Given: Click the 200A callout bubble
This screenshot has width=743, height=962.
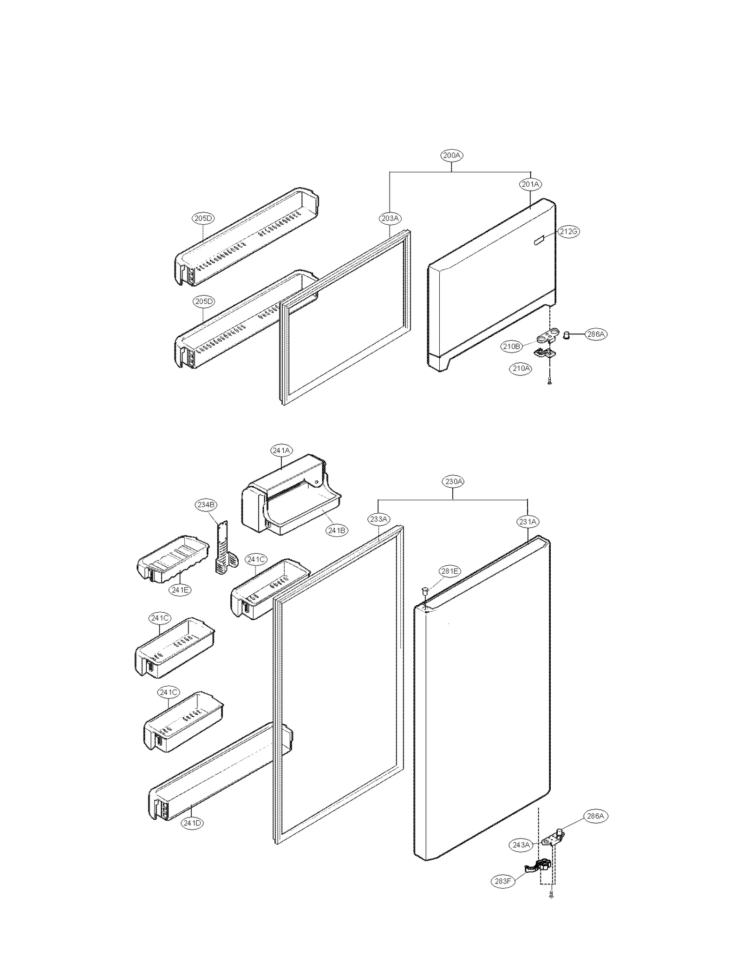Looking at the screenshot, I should tap(451, 156).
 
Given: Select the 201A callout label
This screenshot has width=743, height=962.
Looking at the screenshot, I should tap(530, 184).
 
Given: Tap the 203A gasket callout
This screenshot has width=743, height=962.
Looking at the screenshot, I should tap(390, 218).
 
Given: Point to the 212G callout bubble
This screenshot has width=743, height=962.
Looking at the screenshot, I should tap(568, 231).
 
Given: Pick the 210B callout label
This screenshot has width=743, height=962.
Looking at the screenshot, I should tap(511, 346).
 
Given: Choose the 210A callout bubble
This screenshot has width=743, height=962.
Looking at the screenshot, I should tap(521, 368).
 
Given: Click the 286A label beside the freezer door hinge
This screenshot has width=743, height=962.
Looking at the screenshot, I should tap(596, 334).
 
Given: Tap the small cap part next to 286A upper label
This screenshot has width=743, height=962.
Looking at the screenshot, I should tap(567, 334).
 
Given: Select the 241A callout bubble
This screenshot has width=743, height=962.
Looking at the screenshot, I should tap(282, 451).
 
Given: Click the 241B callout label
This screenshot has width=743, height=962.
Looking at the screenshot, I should tap(337, 530).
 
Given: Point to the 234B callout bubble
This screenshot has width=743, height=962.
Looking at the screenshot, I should tap(206, 504).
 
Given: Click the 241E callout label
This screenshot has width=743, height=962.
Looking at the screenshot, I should tap(180, 590).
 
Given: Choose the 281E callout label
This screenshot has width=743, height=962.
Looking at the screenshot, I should tap(450, 571).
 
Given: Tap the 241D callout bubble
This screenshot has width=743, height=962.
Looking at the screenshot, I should tap(192, 823).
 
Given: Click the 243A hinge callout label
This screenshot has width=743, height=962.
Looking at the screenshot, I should tap(521, 845).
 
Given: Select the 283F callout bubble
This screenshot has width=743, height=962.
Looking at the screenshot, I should tap(503, 881).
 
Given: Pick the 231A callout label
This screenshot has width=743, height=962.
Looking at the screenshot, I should tap(528, 522).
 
